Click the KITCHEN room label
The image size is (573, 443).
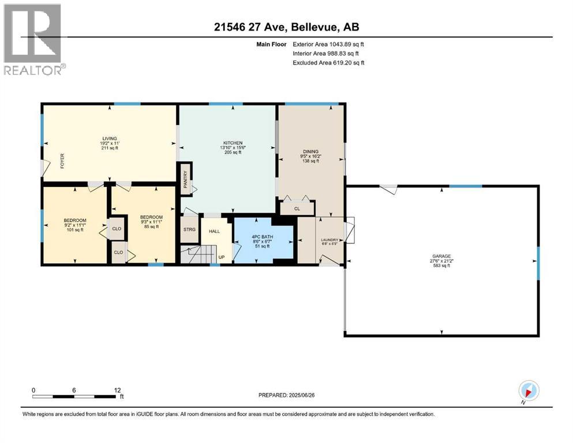coord(233,143)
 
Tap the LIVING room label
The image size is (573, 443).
coord(110,138)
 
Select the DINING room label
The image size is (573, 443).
coord(310,151)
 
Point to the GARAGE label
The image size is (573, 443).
coord(441,256)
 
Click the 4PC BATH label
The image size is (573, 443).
coord(263,236)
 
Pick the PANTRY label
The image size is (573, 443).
coord(186,179)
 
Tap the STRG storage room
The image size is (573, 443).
coord(189,230)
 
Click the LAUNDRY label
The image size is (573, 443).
coord(329,240)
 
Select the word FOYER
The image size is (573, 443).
coord(62,161)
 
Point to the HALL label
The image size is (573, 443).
coord(214,231)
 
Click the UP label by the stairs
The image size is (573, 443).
coord(222,257)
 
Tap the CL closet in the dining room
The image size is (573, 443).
coord(297,209)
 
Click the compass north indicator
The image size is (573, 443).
coord(529,391)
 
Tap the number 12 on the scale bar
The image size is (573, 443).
coord(117,390)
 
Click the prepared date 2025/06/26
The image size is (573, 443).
coord(301,395)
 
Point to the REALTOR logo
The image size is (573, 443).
coord(33,39)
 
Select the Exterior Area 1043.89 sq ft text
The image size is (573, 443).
coord(328,44)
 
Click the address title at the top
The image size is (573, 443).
coord(286,27)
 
